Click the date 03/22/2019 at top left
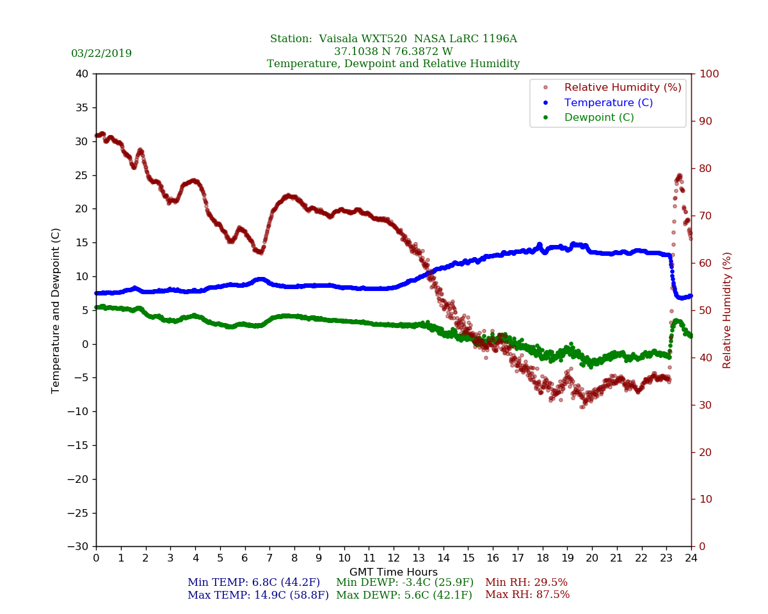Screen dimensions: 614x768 pos(101,54)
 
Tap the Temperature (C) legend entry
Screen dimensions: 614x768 pos(608,102)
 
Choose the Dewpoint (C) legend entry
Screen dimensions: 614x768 pos(599,118)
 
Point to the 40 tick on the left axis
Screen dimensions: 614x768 pos(81,74)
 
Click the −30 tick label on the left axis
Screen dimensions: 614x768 pos(79,547)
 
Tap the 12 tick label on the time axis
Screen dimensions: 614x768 pos(394,558)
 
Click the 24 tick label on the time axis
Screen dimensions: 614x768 pos(691,558)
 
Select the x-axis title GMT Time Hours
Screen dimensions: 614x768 pos(394,572)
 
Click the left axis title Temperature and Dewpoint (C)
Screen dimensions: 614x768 pos(56,310)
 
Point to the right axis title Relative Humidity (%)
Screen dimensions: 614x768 pos(727,310)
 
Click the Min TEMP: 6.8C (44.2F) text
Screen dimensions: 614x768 pos(253,583)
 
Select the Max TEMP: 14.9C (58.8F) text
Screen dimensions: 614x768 pos(258,595)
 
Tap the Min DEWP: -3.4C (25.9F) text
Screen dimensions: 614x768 pos(404,583)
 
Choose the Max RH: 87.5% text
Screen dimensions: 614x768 pos(527,595)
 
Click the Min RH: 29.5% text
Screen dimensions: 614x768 pos(526,583)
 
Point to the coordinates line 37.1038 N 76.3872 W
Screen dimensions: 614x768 pos(394,52)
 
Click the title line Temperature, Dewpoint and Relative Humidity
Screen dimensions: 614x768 pos(394,64)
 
